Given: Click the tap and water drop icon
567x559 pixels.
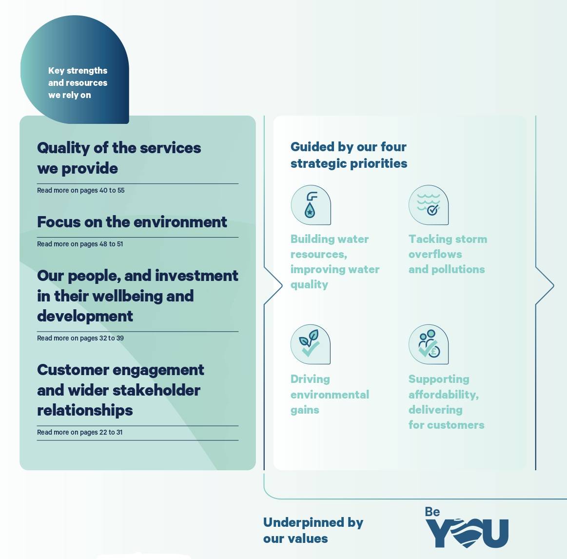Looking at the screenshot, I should point(311,205).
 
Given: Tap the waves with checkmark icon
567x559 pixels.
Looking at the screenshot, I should point(428,205).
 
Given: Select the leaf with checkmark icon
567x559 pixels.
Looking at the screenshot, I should point(310,344).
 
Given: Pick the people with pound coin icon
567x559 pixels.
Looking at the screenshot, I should point(428,344).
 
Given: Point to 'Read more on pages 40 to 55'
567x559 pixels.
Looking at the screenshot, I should point(80,190).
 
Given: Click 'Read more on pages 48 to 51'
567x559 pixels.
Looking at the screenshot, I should point(80,244).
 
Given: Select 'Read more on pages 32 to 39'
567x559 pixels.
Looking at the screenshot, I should point(80,338).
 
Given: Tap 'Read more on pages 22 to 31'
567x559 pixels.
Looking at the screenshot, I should point(80,432).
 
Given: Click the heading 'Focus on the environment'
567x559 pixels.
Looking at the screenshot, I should point(132,222).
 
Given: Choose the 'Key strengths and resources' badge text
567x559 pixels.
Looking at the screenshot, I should point(78,83).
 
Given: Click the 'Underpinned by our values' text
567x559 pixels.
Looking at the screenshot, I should point(313,530).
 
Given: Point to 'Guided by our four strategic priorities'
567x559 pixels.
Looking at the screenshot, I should point(349,155).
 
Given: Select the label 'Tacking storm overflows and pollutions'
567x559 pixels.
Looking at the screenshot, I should point(448,254).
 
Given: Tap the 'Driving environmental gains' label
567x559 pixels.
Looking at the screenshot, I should point(330,394).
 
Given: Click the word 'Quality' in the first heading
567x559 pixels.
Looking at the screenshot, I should point(63,148).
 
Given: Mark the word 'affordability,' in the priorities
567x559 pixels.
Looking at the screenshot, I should point(443,394).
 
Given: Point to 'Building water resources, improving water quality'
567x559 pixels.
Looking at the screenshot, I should point(335,261).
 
